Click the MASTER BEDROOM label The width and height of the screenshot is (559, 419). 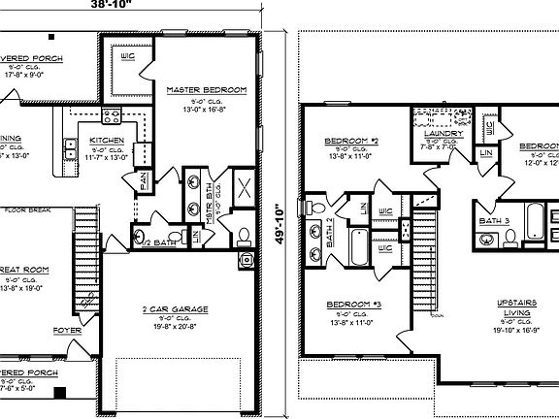tap(206, 90)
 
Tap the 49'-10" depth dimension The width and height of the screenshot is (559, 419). tap(279, 224)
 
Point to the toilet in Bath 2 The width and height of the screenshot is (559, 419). tap(315, 207)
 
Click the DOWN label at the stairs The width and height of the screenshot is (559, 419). tap(438, 315)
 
